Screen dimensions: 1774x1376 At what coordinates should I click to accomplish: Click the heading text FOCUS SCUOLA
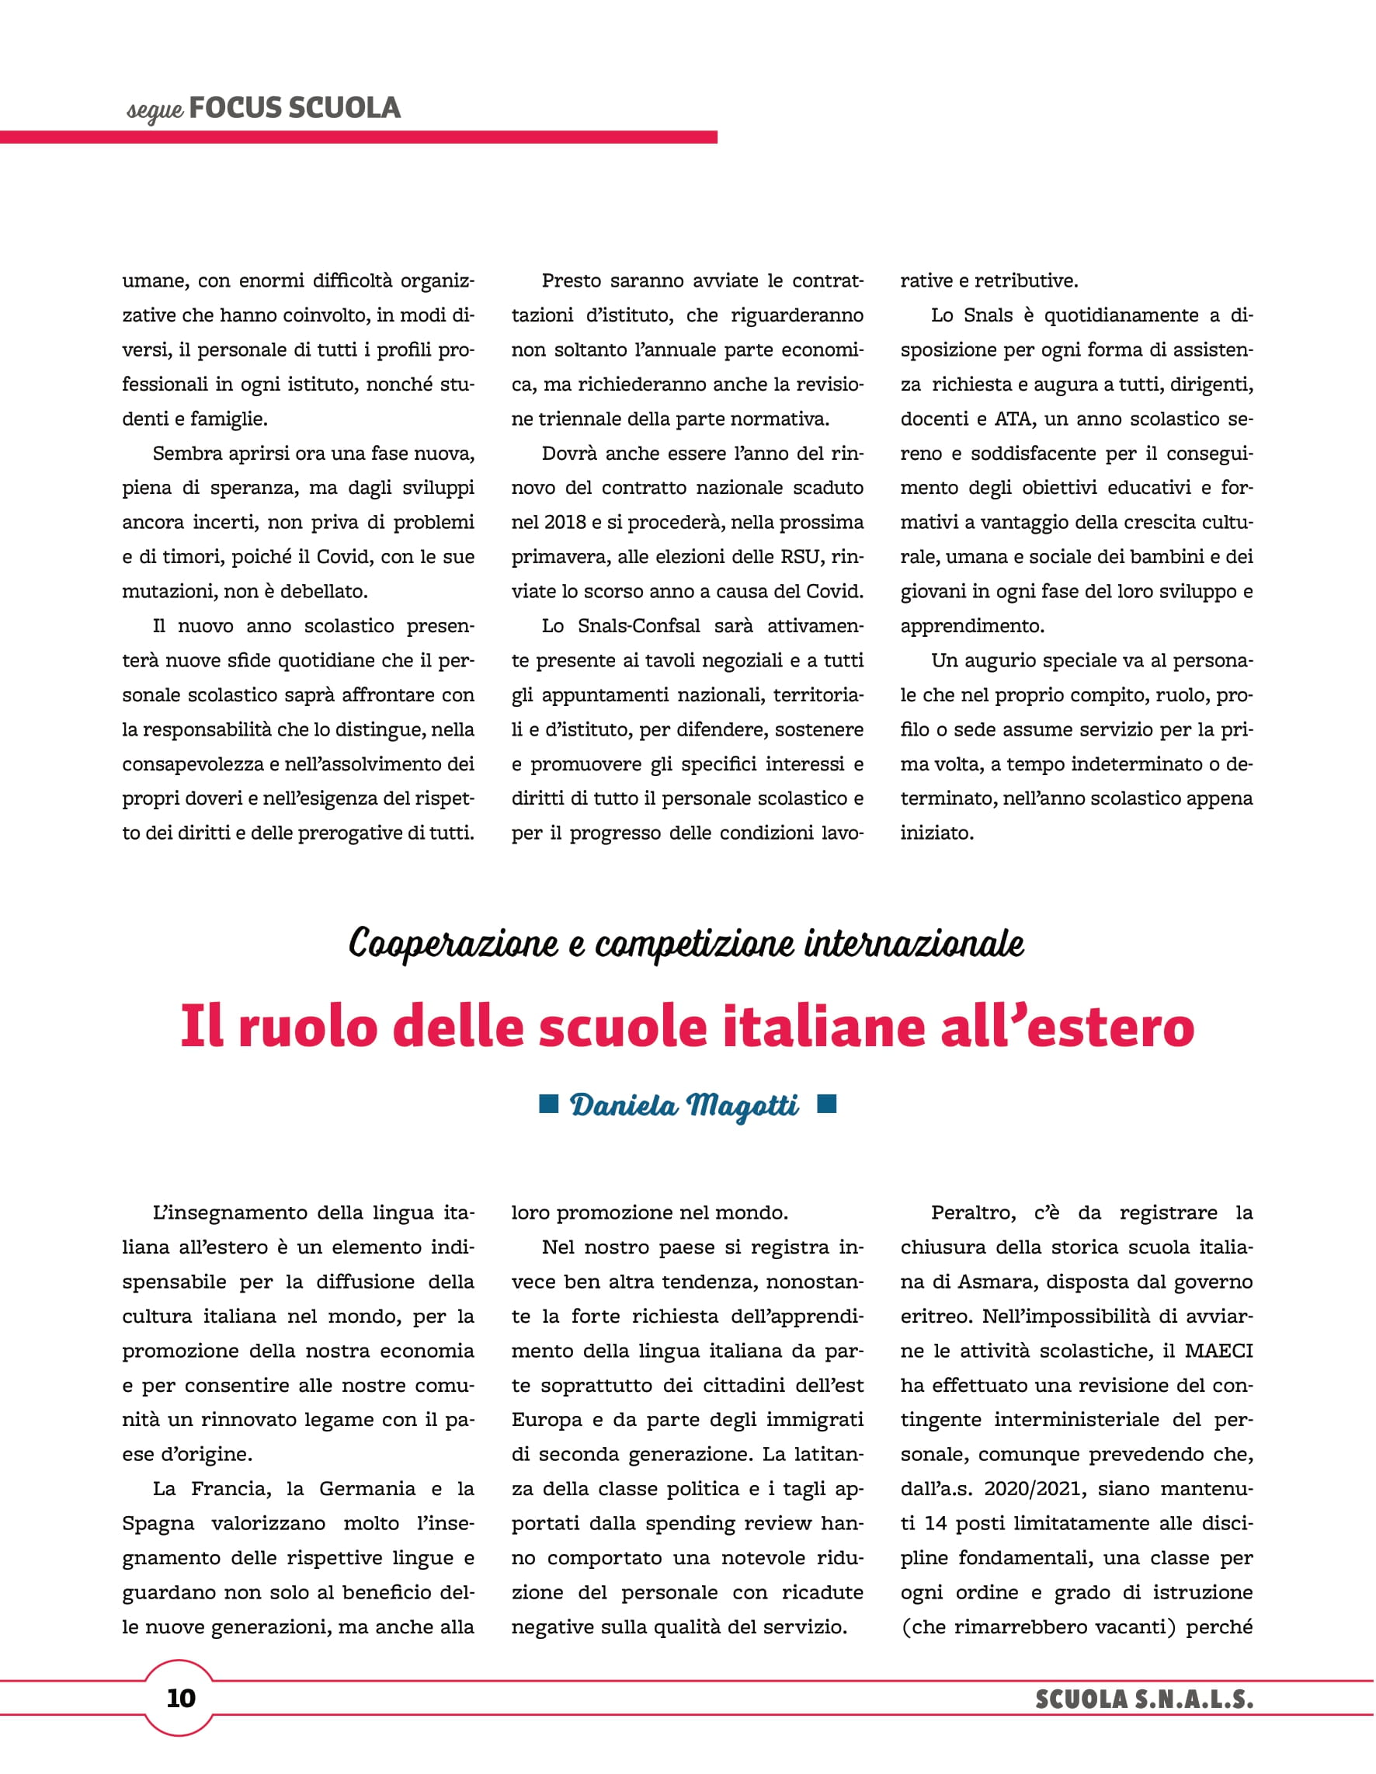click(x=294, y=108)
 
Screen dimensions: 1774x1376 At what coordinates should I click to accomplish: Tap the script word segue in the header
click(x=155, y=110)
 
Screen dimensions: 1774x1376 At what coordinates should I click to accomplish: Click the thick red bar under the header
click(x=358, y=137)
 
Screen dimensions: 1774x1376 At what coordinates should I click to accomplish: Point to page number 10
click(x=180, y=1698)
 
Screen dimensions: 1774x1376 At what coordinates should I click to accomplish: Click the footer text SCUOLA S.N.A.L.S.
click(x=1144, y=1699)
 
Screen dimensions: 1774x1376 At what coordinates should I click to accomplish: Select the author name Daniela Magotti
click(x=684, y=1105)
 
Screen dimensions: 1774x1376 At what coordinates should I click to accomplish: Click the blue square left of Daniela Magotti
click(x=549, y=1102)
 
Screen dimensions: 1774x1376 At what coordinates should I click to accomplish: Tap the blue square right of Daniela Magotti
click(x=826, y=1102)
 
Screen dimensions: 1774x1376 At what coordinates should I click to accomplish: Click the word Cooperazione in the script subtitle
click(x=453, y=944)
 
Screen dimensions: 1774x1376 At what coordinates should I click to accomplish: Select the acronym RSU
click(x=799, y=557)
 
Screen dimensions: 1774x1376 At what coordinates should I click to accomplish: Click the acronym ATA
click(x=1012, y=419)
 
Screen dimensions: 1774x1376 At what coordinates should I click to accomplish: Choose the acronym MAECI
click(x=1218, y=1351)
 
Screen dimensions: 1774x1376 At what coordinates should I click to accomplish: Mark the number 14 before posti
click(x=936, y=1523)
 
